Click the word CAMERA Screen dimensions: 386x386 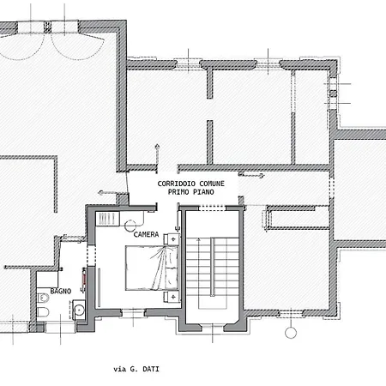(x=146, y=234)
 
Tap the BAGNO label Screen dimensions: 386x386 (x=61, y=291)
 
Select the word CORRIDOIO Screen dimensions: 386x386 (x=177, y=184)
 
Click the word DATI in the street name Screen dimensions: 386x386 (x=151, y=369)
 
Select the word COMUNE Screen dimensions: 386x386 (x=212, y=184)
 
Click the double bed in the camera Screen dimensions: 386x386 (x=152, y=268)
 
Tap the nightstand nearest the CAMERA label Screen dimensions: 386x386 (x=172, y=239)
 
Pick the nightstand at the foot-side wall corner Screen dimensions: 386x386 (x=172, y=297)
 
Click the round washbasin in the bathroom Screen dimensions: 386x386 (x=79, y=309)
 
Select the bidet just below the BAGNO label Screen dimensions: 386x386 (x=43, y=298)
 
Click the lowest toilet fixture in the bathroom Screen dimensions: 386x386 (x=43, y=312)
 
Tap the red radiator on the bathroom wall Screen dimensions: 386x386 (x=84, y=276)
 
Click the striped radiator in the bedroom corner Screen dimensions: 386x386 (x=107, y=219)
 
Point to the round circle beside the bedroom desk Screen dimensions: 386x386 (x=130, y=226)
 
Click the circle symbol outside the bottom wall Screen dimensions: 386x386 (x=291, y=333)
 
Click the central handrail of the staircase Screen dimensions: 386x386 (x=213, y=267)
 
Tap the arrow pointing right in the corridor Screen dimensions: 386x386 (x=251, y=175)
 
